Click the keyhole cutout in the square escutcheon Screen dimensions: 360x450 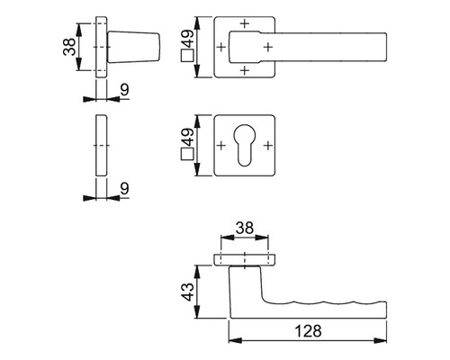[245, 145]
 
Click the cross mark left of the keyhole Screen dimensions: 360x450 [221, 145]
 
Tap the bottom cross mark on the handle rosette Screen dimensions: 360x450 [245, 67]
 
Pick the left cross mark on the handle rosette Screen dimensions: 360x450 [221, 45]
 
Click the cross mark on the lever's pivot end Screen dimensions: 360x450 [267, 45]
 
